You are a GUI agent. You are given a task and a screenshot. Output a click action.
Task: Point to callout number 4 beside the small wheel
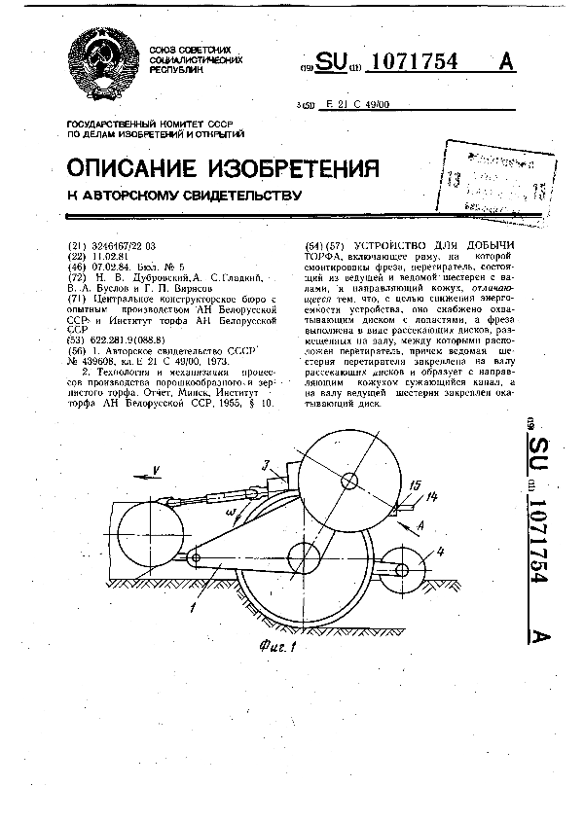440,552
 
